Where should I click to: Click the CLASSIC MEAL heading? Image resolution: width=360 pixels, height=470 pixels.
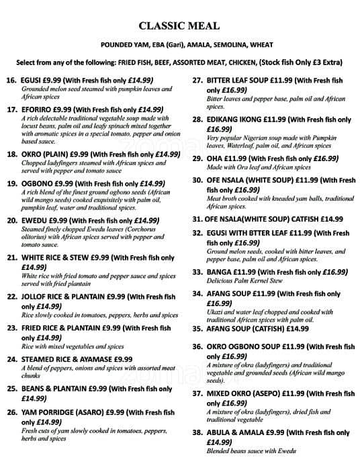point(179,26)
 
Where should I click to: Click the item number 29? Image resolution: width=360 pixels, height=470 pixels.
point(197,158)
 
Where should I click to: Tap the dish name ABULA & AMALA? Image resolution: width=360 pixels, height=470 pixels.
point(235,433)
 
